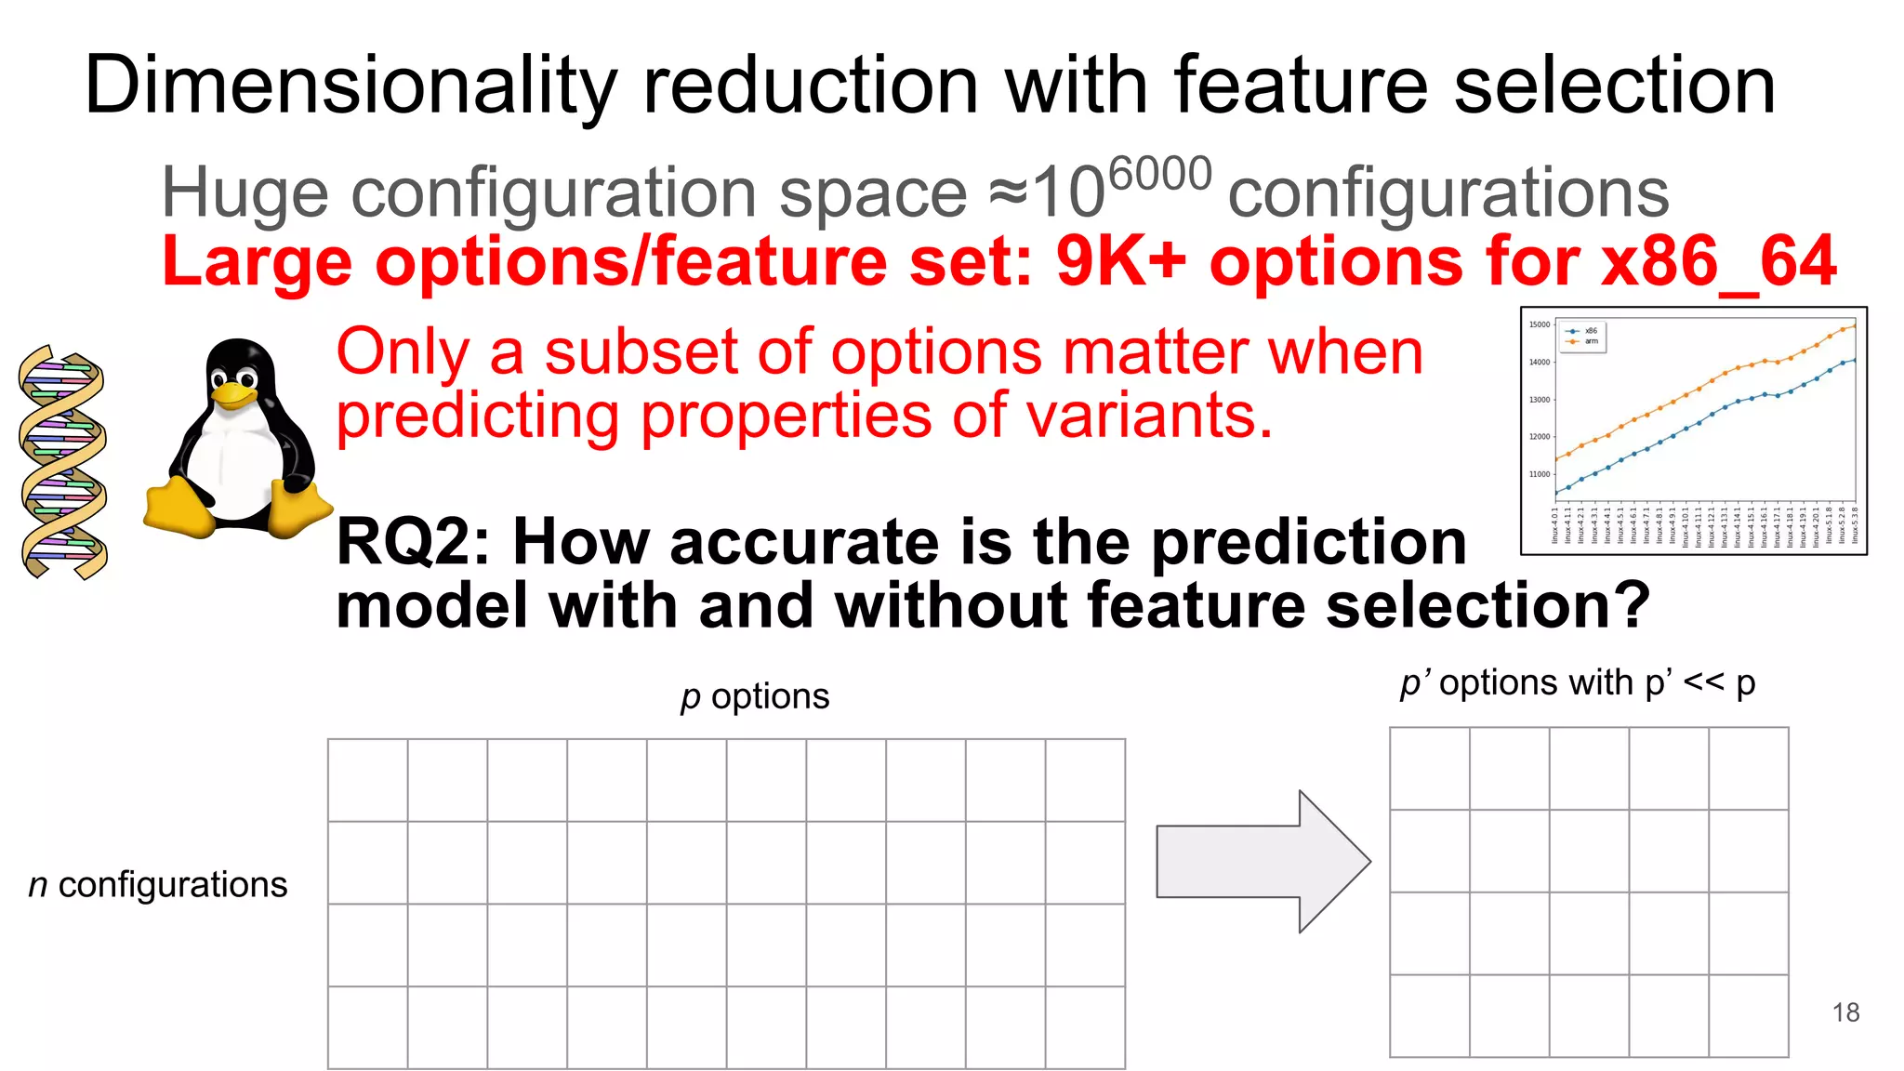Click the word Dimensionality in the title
point(350,86)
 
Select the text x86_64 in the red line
point(1718,262)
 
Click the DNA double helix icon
point(63,462)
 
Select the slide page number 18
point(1845,1012)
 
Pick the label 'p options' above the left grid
point(754,696)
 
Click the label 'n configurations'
point(158,884)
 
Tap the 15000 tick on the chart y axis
point(1540,324)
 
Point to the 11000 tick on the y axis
point(1540,474)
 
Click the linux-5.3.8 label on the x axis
point(1855,526)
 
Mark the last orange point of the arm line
point(1855,325)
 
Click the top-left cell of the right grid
point(1429,768)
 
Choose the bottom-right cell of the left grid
point(1085,1027)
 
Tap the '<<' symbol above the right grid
point(1703,682)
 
